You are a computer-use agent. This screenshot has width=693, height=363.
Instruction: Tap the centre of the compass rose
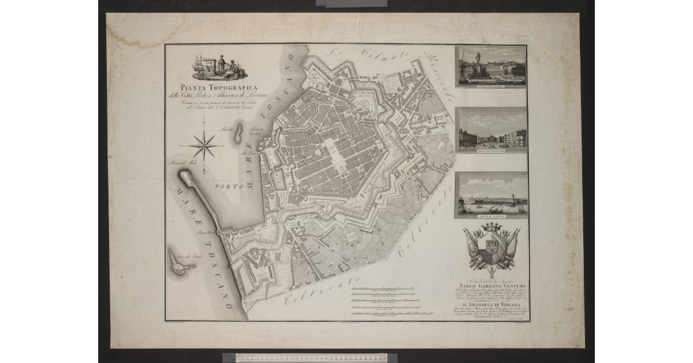pos(203,145)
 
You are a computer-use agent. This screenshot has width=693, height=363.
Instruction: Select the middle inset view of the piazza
pos(491,130)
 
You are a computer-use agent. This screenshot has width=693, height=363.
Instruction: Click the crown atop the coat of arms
pos(492,228)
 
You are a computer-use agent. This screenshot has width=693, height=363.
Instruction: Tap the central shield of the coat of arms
pos(492,246)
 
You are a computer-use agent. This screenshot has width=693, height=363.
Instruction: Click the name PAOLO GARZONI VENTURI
pos(491,284)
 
